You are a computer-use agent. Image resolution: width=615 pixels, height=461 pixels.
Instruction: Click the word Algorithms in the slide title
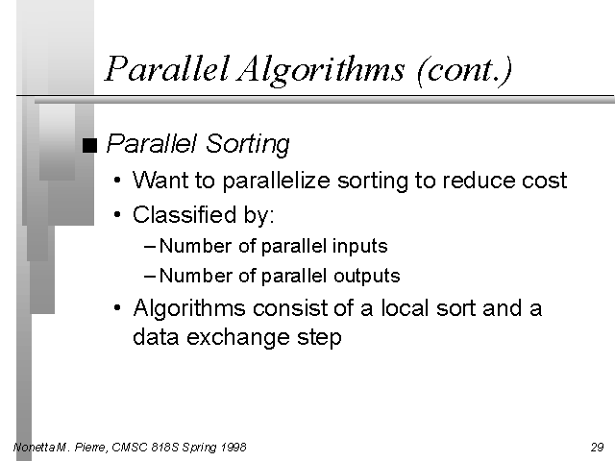(320, 70)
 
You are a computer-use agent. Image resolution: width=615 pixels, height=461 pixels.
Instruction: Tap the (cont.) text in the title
(465, 70)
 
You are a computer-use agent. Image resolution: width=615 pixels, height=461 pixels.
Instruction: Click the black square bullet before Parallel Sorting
(89, 145)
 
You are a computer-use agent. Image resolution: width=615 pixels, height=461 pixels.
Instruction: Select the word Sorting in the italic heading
(248, 144)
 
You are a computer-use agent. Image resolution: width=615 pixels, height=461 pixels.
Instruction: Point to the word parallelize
(277, 182)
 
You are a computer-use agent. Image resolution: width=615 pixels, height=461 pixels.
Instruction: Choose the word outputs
(367, 276)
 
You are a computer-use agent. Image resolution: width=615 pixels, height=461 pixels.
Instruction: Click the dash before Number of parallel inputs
(150, 247)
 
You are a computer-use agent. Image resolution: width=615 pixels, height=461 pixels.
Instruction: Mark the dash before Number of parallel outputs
(150, 277)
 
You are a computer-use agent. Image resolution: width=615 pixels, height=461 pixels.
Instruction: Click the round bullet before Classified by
(117, 215)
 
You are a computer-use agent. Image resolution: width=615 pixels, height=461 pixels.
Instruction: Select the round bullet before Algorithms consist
(117, 307)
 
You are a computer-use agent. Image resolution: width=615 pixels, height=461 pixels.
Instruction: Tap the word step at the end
(319, 338)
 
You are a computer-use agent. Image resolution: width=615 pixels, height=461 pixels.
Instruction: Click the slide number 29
(598, 448)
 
